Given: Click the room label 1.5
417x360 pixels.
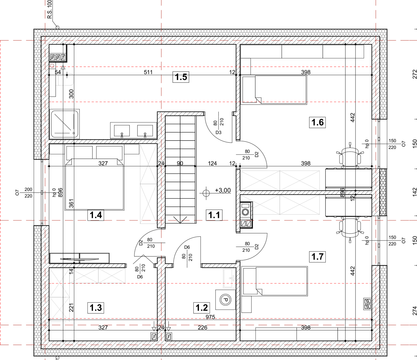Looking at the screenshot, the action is [x=181, y=77].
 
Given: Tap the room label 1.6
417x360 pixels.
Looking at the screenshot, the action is [x=317, y=122].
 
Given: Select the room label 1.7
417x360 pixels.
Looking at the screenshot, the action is [x=317, y=257].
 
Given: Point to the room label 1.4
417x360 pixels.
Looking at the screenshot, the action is [x=96, y=215].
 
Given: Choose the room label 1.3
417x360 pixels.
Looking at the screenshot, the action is [x=96, y=308].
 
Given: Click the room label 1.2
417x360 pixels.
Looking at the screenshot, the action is [x=202, y=308].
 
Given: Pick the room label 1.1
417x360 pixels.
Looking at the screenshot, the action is [x=214, y=215].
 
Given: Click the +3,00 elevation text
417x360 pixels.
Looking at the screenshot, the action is [x=223, y=190].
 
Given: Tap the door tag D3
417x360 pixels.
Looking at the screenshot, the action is [x=218, y=132].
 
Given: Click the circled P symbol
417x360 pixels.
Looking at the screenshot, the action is [x=225, y=300].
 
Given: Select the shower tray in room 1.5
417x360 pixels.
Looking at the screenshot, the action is [x=64, y=124].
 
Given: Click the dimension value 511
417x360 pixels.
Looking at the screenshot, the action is [x=148, y=72].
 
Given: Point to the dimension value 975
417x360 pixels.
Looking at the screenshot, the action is [x=210, y=317].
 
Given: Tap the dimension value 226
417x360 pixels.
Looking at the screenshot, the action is [x=203, y=328].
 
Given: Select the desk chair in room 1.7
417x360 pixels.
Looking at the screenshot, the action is [x=350, y=228].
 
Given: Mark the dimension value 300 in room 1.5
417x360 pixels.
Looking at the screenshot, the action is [x=71, y=94].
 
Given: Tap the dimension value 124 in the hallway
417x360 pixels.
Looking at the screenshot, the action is [x=212, y=163].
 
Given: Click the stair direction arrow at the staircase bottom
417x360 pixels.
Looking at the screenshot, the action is [x=180, y=220].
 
